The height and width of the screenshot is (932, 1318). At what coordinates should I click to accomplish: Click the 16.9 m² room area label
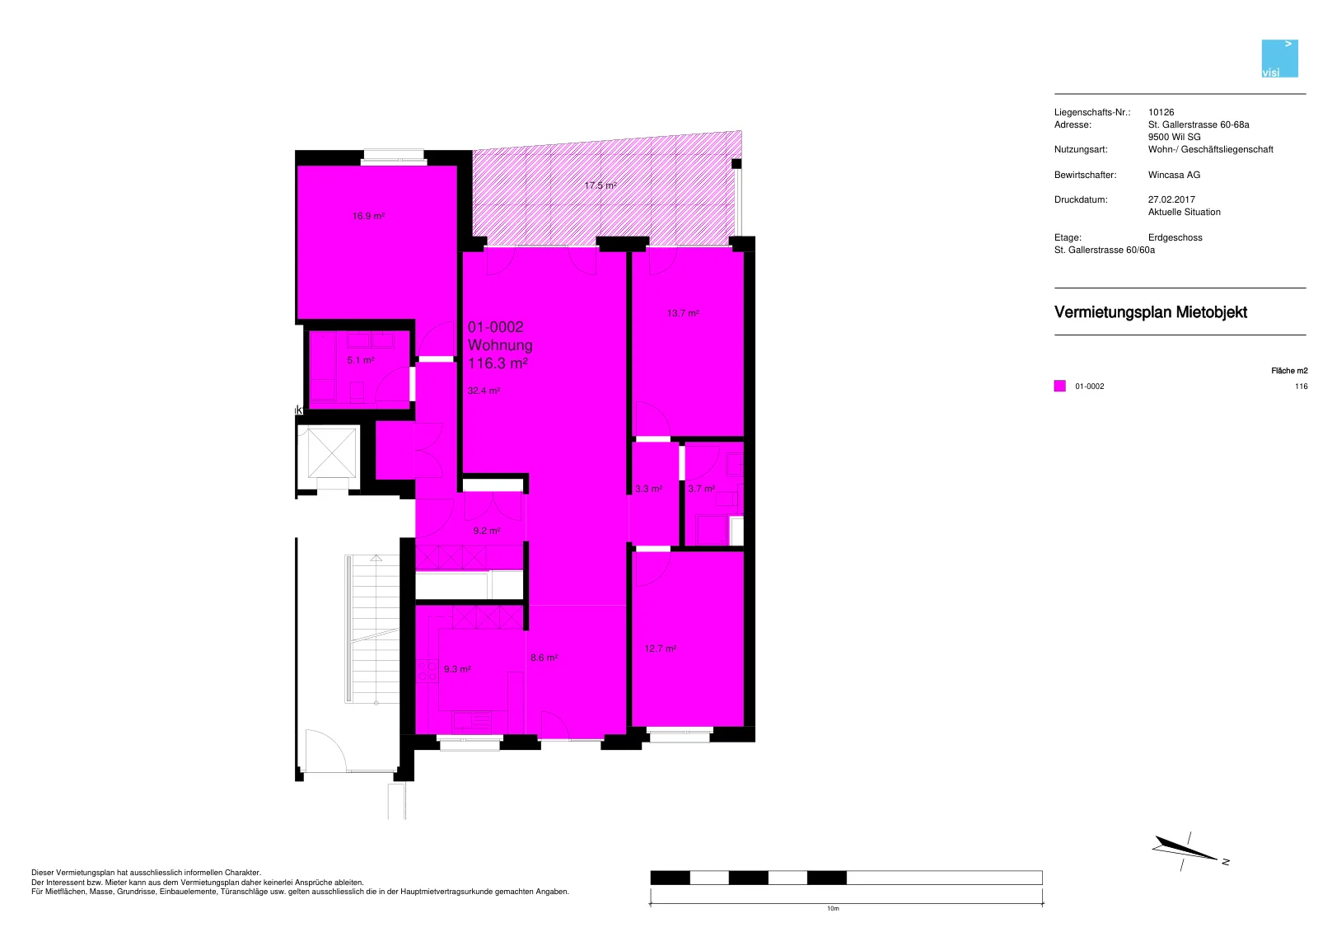pos(368,216)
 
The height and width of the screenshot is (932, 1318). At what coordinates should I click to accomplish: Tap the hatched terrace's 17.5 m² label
pos(601,185)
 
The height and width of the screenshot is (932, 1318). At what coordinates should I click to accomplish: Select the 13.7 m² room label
pos(683,313)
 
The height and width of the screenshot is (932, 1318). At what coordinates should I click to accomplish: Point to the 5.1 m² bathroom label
pos(360,360)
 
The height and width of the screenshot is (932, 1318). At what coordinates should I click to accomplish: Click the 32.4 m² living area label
pos(484,391)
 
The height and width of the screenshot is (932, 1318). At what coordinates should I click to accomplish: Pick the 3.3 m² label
pos(648,489)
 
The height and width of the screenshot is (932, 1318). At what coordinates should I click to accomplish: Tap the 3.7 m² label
pos(701,489)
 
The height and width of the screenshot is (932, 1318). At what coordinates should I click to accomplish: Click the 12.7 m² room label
pos(660,649)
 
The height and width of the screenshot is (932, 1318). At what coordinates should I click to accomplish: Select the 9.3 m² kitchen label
pos(457,669)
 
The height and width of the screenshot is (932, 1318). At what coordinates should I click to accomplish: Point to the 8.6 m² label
pos(544,658)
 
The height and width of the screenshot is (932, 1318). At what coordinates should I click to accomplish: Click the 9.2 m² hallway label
pos(487,531)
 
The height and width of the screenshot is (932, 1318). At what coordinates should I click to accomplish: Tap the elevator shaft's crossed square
pos(332,452)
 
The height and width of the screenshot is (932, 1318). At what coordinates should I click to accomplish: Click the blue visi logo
pos(1280,59)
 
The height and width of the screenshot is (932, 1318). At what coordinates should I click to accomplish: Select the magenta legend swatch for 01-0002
pos(1059,386)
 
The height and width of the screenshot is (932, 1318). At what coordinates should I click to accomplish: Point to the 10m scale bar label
pos(833,908)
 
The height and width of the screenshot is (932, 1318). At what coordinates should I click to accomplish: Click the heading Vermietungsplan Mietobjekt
pos(1150,312)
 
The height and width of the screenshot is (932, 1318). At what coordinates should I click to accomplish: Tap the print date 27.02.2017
pos(1171,199)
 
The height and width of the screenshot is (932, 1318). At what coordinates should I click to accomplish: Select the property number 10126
pos(1161,112)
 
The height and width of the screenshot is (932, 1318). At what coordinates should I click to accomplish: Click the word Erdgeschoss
pos(1175,238)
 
